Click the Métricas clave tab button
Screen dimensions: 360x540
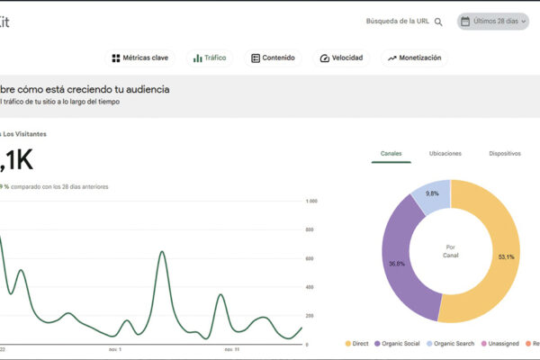[139, 58]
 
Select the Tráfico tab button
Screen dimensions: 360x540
[209, 58]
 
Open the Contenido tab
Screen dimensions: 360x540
[273, 58]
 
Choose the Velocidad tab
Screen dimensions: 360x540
[341, 58]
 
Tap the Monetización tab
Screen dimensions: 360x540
[414, 58]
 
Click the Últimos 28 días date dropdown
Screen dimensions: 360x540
[492, 21]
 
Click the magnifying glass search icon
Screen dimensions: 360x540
[438, 22]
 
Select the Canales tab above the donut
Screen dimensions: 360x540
[391, 154]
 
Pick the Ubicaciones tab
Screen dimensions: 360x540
[447, 154]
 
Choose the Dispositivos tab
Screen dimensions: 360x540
[505, 154]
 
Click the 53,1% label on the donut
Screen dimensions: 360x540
[507, 256]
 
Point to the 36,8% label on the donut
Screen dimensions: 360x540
[396, 264]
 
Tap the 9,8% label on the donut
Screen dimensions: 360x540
[432, 193]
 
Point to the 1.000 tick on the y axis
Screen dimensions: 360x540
[312, 202]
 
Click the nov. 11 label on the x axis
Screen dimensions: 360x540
[231, 348]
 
